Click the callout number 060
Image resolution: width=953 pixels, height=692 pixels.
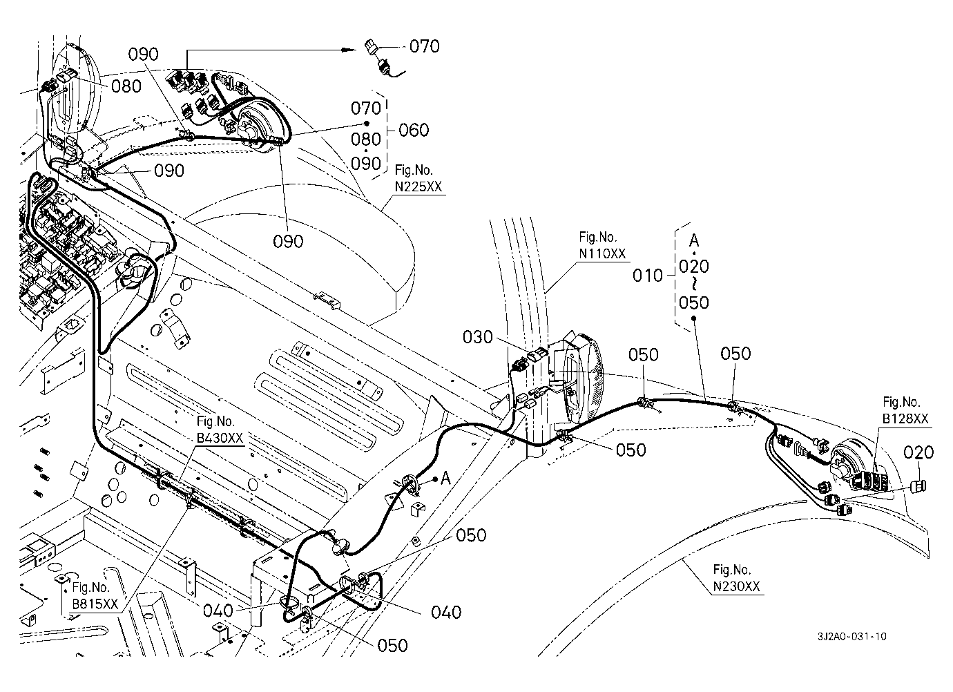pos(414,130)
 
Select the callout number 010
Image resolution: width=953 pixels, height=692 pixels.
pos(647,276)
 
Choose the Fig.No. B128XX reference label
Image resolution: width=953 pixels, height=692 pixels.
pos(906,410)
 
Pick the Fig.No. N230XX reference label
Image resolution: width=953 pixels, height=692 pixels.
pos(737,579)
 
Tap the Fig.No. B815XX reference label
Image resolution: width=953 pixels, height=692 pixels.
pos(95,597)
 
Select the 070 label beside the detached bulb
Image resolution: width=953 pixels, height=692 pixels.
pos(425,46)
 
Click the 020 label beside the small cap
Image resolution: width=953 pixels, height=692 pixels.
pos(918,452)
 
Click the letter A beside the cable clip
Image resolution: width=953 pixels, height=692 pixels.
pos(446,477)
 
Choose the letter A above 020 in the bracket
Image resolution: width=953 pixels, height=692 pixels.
pos(694,241)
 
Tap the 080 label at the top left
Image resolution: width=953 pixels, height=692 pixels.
pos(126,86)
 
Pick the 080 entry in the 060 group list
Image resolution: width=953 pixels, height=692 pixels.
pos(366,139)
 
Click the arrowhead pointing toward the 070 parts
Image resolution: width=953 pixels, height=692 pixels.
pos(350,50)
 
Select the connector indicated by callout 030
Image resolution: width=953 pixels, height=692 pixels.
pos(536,358)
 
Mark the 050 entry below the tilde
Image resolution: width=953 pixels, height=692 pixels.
pos(694,302)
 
